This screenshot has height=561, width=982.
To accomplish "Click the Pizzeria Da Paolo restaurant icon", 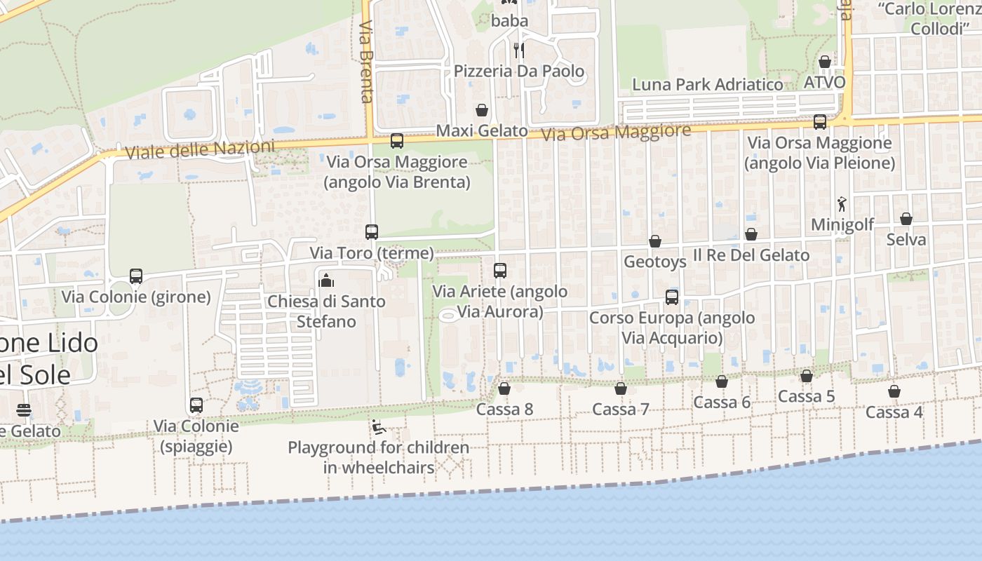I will coord(518,50).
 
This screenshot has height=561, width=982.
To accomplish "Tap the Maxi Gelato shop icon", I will coord(482,110).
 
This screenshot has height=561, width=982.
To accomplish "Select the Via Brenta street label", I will coord(366,61).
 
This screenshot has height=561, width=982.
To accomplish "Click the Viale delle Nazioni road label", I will coord(199,149).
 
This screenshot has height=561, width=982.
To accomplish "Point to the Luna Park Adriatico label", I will coord(707,85).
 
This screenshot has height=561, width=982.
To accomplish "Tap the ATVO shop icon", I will coord(825,62).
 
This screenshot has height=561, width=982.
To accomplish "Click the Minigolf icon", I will coord(842,204).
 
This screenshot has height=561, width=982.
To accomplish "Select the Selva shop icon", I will coord(906,219).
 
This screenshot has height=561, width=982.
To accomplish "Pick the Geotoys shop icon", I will coord(655,241).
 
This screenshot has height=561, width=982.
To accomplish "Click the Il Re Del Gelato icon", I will coord(751,234).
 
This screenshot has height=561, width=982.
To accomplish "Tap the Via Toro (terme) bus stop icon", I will coord(372,231).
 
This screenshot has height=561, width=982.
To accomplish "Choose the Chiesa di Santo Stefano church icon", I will coord(326,280).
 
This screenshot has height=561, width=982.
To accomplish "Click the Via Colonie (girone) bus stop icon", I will coord(136,276).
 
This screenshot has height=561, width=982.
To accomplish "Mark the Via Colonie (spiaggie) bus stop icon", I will coord(196,405).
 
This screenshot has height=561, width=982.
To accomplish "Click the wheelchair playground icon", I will coord(377,426).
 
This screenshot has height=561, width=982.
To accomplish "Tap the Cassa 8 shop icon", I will coord(504,388).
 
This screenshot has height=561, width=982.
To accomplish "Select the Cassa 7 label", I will coord(621,409).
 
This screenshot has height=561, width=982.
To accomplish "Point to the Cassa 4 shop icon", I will coord(894,391).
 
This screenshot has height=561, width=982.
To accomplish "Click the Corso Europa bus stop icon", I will coord(672,297).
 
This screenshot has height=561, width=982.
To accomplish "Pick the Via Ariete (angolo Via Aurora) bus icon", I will coord(500,271).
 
